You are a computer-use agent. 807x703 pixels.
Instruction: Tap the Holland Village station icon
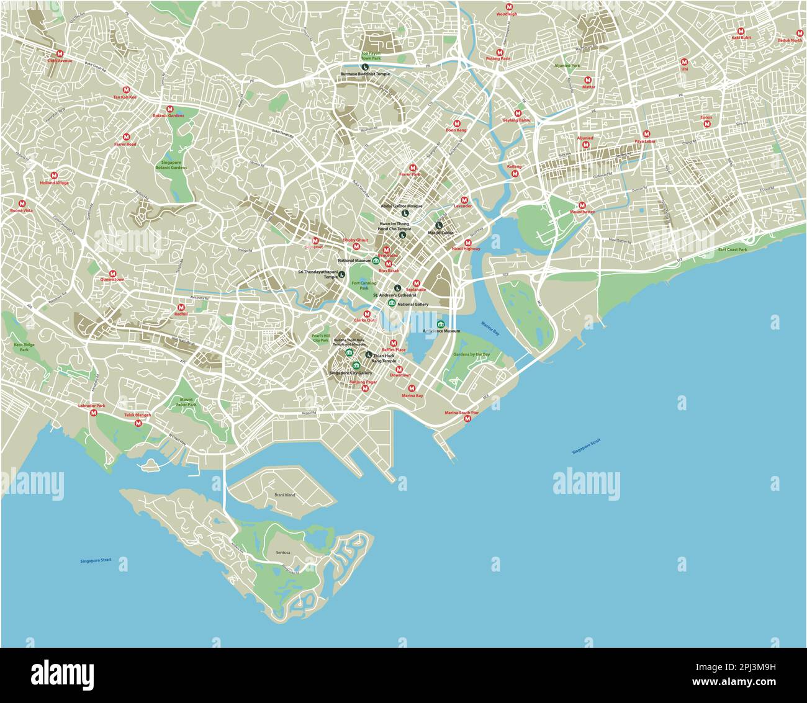tap(55, 175)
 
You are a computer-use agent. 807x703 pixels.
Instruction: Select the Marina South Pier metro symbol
tap(467, 419)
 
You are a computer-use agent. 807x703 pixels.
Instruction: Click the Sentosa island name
tap(283, 552)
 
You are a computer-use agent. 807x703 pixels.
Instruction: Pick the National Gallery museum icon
tap(391, 303)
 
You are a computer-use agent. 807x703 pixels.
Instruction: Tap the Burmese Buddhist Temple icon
tap(366, 67)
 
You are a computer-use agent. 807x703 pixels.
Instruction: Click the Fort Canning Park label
tap(360, 285)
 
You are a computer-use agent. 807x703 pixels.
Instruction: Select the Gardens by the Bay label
tap(471, 354)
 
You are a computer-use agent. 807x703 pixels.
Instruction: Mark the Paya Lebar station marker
tap(646, 134)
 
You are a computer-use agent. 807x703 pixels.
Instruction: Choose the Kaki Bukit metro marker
tap(741, 31)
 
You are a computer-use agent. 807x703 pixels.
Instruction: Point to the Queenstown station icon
tap(112, 273)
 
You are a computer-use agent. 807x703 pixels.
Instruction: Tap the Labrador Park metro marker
tap(92, 412)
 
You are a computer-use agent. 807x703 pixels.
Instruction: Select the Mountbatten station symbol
tap(582, 205)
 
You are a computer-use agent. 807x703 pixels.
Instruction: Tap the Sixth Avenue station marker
tap(60, 54)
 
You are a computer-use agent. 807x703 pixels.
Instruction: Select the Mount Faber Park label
tap(187, 402)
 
